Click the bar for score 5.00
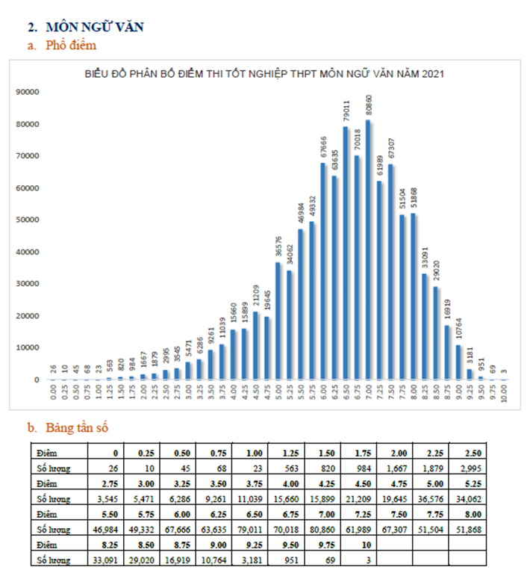pos(278,321)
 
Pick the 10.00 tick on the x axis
pos(504,393)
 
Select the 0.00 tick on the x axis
pos(52,393)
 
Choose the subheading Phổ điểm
pos(72,46)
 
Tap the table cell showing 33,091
pos(105,558)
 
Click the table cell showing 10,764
pos(213,558)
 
